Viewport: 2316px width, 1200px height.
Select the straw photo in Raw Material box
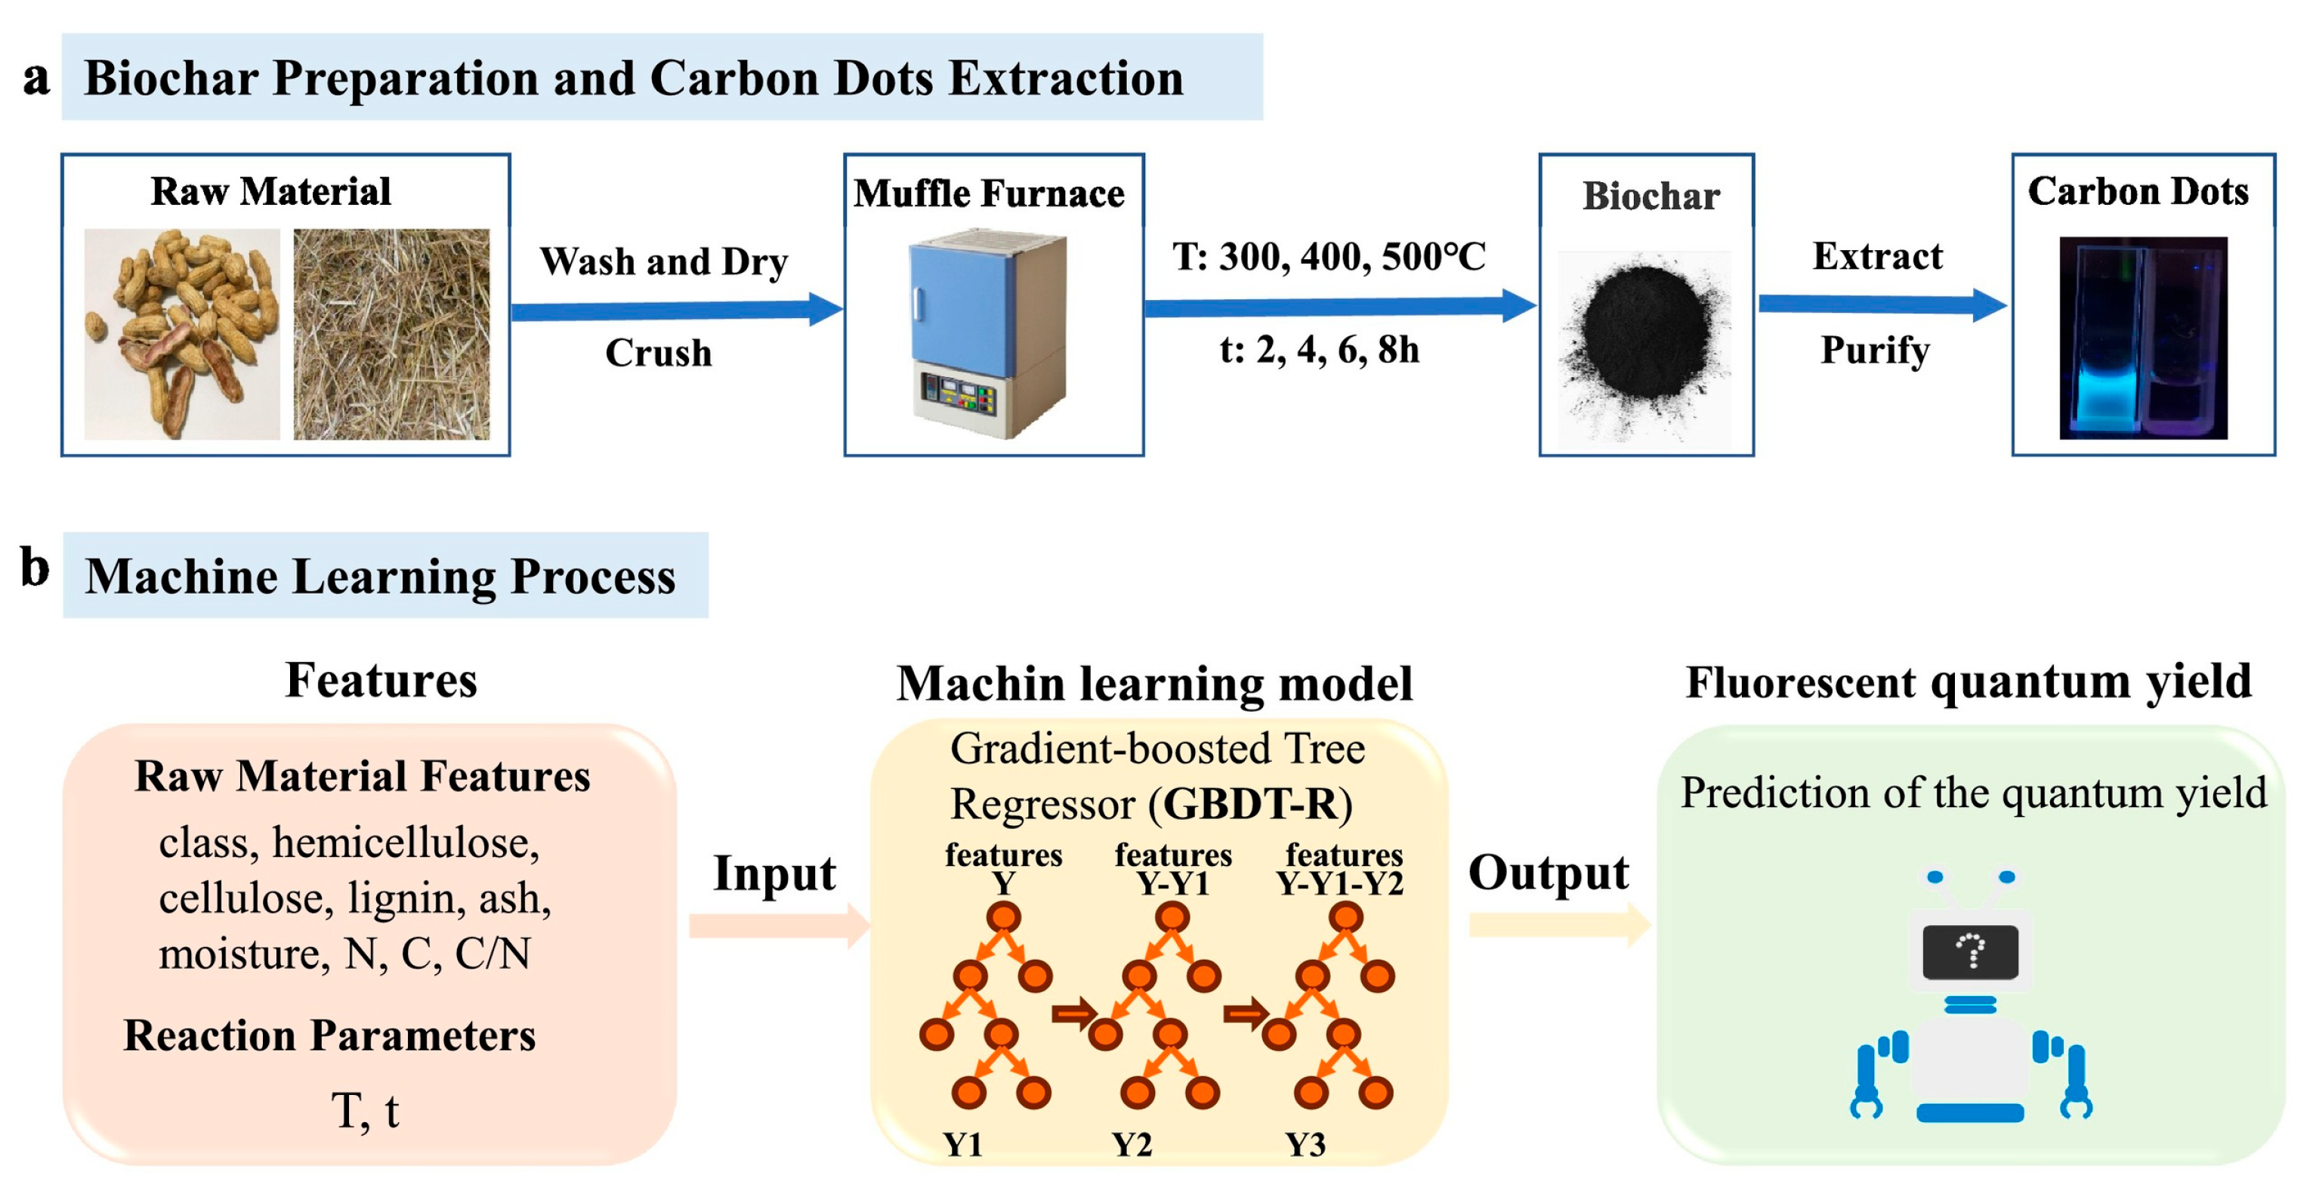tap(391, 334)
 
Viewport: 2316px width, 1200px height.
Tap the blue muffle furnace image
tap(989, 332)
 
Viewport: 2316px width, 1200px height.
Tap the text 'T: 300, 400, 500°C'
tap(1328, 257)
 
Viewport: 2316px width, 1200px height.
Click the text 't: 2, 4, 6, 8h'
tap(1319, 349)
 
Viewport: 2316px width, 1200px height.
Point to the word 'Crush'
tap(658, 353)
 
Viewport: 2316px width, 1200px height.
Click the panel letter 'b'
tap(34, 568)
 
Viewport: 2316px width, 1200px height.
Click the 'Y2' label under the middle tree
tap(1131, 1144)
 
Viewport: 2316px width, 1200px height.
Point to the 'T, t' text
tap(365, 1111)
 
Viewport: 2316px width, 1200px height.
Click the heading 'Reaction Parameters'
tap(329, 1035)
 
